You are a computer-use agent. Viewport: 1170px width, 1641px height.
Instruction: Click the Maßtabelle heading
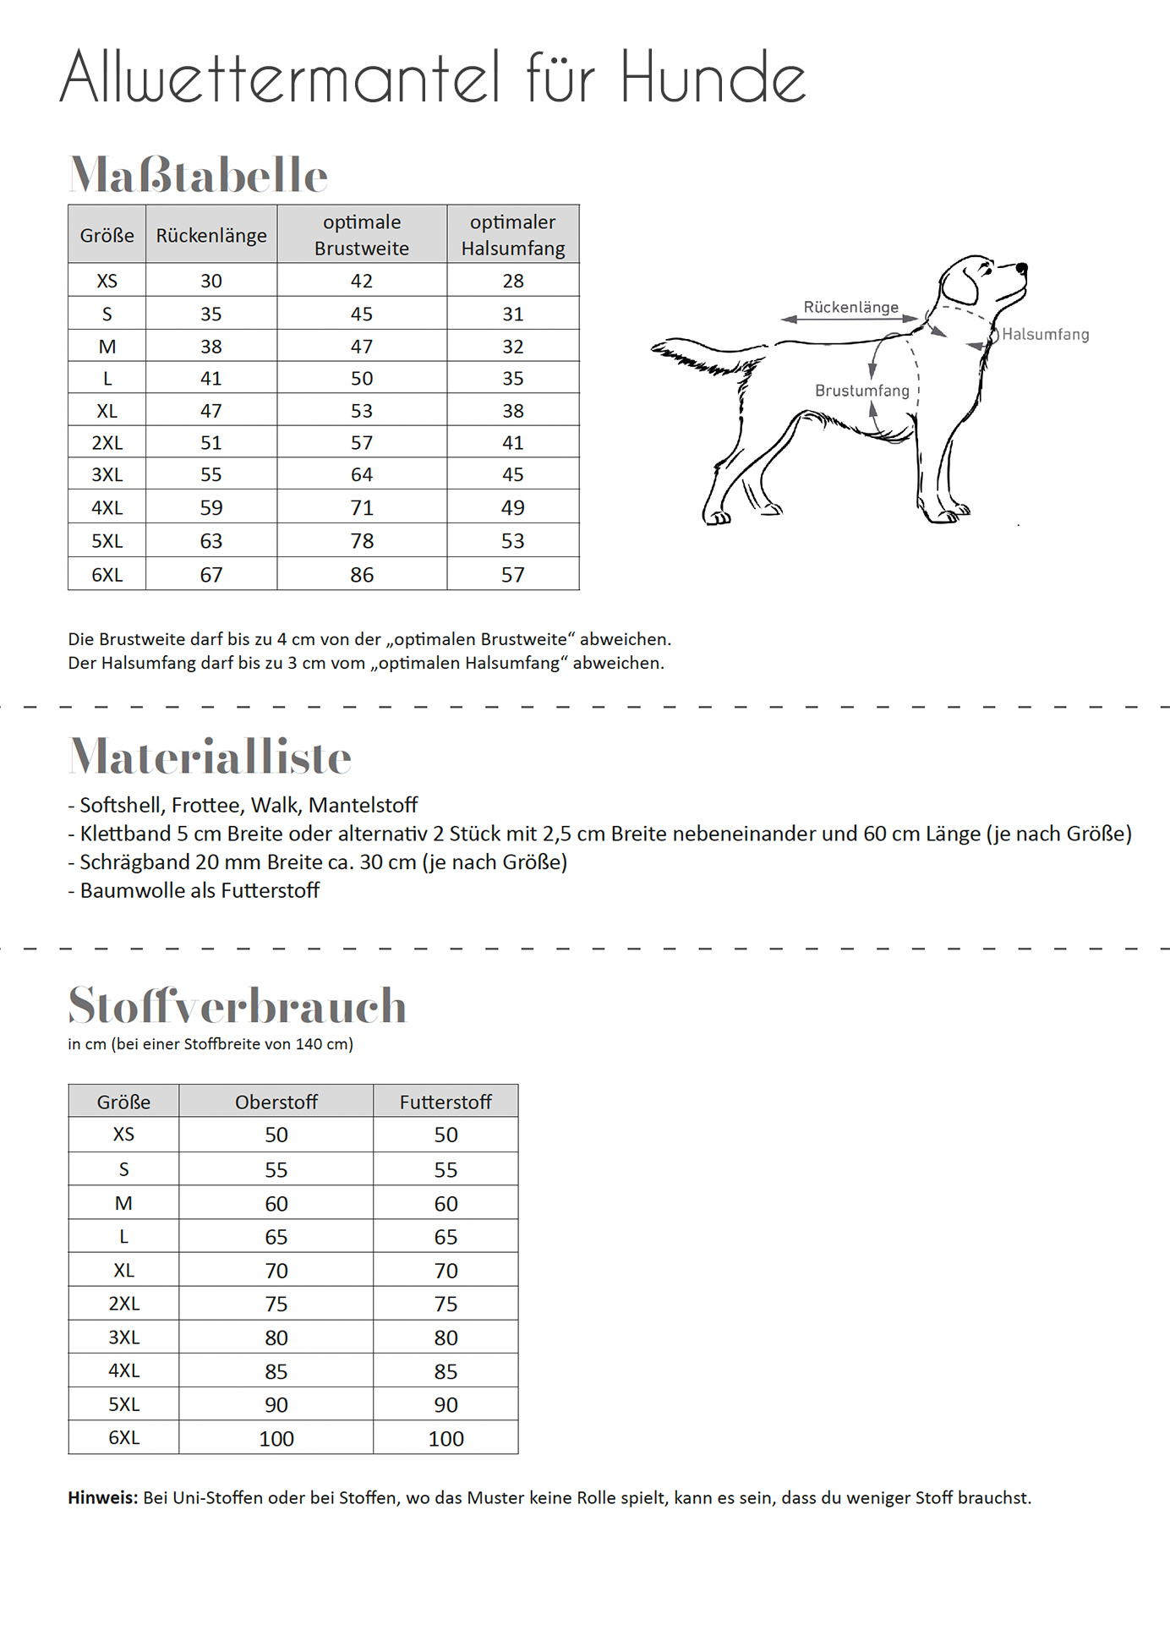pos(198,175)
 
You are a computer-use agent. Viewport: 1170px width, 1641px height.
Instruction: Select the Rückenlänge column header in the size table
pos(211,235)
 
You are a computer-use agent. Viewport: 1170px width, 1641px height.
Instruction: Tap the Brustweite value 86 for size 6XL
pos(362,575)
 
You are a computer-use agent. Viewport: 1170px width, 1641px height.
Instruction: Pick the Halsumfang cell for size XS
pos(513,281)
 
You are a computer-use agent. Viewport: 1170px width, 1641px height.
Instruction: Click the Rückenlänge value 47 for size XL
pos(211,411)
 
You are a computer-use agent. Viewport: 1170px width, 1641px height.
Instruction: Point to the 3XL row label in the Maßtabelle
pos(107,474)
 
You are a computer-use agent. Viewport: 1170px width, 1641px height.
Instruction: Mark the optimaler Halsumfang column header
pos(513,235)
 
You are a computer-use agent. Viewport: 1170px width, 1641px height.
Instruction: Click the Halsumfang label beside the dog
pos(1045,335)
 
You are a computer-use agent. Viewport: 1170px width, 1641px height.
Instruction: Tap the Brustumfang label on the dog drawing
pos(861,391)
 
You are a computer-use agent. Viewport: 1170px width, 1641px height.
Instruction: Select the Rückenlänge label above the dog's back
pos(850,307)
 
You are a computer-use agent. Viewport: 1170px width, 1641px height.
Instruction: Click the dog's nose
pos(1023,268)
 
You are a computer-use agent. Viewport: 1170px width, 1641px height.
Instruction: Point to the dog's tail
pos(702,355)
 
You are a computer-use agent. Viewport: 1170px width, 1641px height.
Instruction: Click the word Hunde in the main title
pos(713,78)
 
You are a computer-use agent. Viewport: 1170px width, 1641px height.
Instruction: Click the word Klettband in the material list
pos(125,834)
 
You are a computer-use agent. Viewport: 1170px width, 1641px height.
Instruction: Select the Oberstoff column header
pos(276,1102)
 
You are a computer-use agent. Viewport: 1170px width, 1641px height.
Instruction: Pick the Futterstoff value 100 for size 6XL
pos(446,1438)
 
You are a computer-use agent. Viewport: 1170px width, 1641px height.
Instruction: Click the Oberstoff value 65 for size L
pos(276,1237)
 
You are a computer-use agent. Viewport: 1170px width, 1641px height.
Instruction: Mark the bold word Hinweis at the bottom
pos(102,1498)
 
